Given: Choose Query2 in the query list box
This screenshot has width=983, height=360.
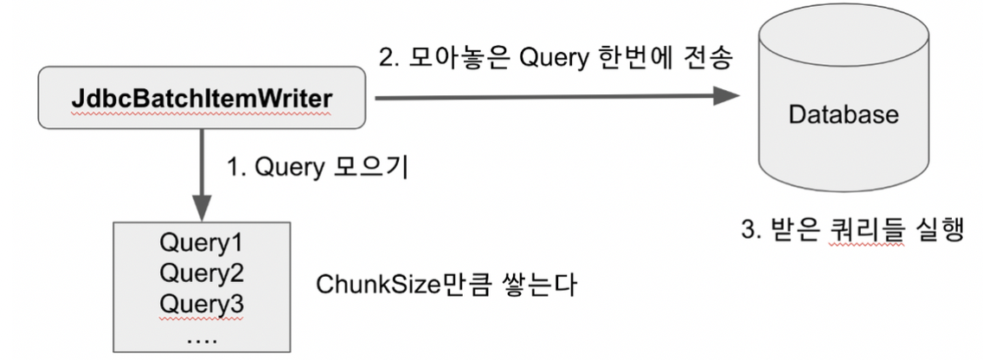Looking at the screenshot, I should [201, 275].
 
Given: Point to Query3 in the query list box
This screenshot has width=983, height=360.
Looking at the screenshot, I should [201, 305].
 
